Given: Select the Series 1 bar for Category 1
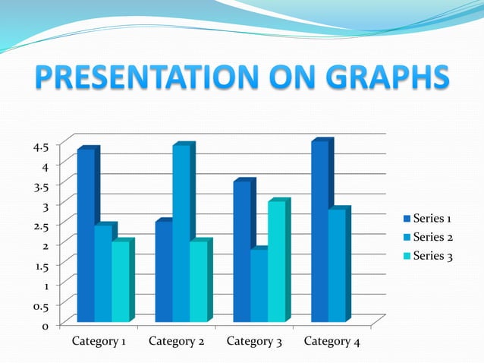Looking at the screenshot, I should pos(86,235).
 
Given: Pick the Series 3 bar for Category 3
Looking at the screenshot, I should pos(276,262).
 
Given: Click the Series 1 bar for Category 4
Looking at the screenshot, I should pos(319,232).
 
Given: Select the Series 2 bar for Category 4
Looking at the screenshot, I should pos(337,266).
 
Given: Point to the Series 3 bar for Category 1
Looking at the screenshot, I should pos(120,282).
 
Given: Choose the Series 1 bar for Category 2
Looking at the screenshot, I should pos(163,272).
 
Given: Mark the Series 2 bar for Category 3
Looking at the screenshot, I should pos(259,286).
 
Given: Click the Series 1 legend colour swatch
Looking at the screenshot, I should pos(406,219).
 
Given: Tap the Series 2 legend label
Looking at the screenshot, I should pos(432,238).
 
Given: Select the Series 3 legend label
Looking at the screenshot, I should pos(432,256).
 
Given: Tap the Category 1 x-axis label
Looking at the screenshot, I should pos(99,342).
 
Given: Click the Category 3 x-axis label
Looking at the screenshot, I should pos(254,342).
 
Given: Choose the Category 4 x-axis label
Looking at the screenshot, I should pos(332,342).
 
